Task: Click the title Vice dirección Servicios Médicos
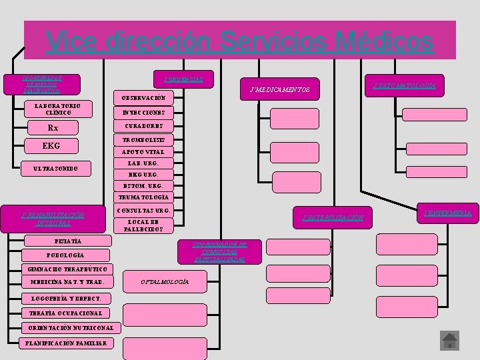click(x=240, y=41)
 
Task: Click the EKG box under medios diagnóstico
click(x=51, y=146)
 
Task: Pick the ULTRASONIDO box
click(x=56, y=169)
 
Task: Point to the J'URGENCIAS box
click(x=183, y=79)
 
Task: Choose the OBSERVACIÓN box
click(x=143, y=98)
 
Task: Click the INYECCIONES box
click(x=143, y=112)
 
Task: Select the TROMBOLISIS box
click(x=143, y=139)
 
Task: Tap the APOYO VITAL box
click(x=143, y=152)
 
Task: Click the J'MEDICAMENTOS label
click(x=279, y=90)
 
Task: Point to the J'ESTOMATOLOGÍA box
click(x=405, y=85)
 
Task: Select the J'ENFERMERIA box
click(x=447, y=213)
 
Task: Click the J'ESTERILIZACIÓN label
click(x=333, y=217)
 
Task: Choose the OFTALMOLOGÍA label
click(x=165, y=282)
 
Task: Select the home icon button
click(x=450, y=341)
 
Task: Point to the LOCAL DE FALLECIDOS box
click(x=143, y=225)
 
